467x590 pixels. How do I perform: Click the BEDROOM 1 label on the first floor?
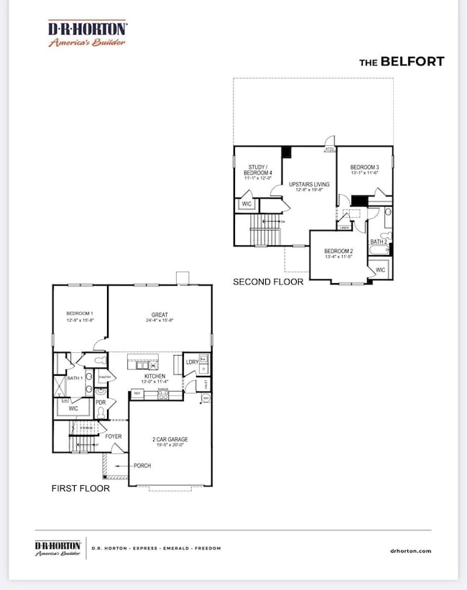(80, 314)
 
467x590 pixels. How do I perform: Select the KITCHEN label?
(154, 376)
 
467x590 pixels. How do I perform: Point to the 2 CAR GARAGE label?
(170, 438)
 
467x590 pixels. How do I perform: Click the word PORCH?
(142, 466)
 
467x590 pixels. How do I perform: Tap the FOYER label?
(113, 436)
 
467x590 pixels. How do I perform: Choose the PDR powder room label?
(101, 402)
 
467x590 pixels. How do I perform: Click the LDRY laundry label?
(192, 361)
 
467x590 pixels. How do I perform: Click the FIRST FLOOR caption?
(80, 488)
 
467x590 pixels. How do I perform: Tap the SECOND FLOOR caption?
(268, 282)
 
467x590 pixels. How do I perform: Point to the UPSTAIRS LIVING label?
(309, 185)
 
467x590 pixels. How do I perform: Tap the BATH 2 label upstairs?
(379, 242)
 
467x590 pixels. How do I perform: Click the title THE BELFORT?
(401, 62)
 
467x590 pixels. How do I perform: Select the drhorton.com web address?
(412, 550)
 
